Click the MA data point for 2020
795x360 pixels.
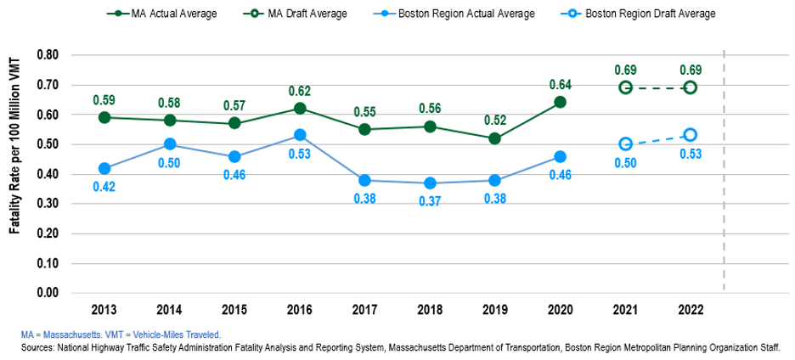561,102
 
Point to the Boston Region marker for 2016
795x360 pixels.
300,135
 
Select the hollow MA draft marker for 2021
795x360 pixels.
626,87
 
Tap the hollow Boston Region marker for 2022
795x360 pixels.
691,135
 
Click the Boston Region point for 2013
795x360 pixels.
104,168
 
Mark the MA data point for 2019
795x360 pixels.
495,138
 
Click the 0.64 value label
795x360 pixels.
561,84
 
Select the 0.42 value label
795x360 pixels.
104,186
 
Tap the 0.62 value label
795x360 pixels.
300,90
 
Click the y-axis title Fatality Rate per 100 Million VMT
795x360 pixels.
16,174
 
